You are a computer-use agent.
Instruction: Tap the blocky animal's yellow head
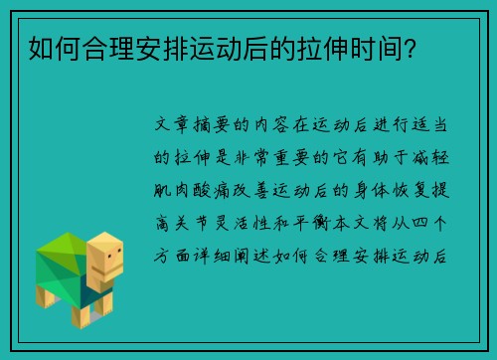[x=104, y=258]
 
